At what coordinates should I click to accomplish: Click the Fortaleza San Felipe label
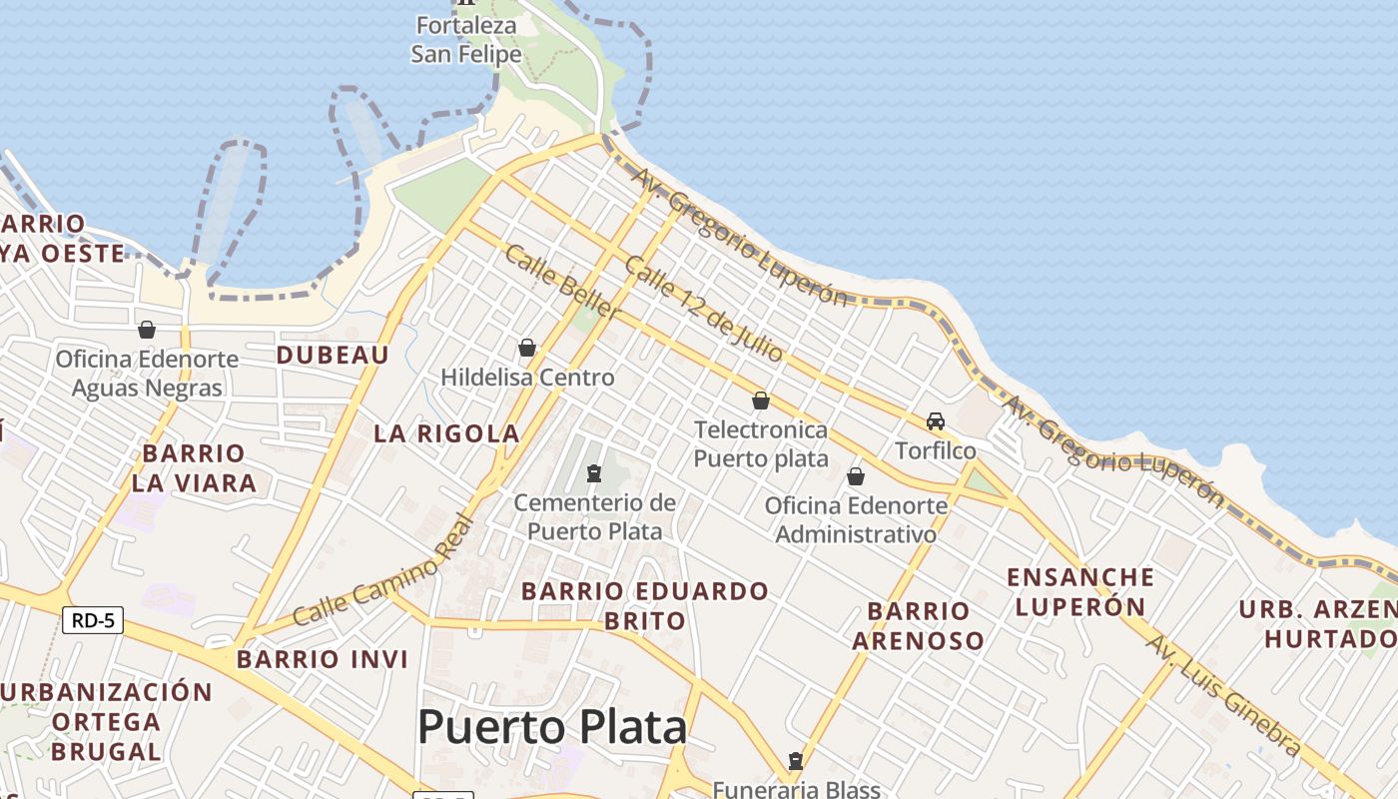click(466, 40)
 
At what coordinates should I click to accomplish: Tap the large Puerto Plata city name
click(552, 727)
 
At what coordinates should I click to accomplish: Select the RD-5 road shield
click(93, 620)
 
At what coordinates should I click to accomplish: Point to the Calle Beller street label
click(562, 282)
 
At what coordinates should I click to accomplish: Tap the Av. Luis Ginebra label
click(1222, 695)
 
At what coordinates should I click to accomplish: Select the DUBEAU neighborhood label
click(333, 355)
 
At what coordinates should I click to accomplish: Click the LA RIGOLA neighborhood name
click(446, 433)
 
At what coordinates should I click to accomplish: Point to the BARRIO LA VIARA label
click(194, 468)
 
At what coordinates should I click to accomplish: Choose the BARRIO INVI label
click(323, 659)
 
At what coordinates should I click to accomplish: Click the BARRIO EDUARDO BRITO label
click(645, 605)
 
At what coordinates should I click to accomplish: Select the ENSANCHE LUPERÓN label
click(1080, 591)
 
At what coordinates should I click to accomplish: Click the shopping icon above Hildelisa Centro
click(527, 348)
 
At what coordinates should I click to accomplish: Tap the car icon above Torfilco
click(936, 420)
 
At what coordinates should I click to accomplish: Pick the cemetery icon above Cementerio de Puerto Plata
click(594, 472)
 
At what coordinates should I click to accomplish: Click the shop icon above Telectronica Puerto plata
click(761, 400)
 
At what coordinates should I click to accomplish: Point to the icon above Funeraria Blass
click(795, 761)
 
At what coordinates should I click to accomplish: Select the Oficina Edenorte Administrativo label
click(856, 519)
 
